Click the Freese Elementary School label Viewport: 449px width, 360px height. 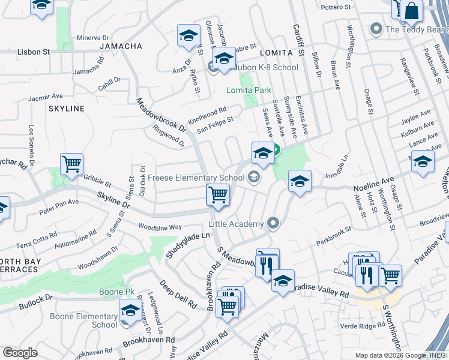[x=196, y=178]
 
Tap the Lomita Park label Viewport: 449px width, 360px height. [x=249, y=90]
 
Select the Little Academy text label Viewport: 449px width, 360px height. [x=236, y=224]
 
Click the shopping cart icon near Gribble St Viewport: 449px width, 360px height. [x=71, y=164]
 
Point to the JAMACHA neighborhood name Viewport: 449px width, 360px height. [x=121, y=46]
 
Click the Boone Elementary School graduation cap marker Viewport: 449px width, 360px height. [x=130, y=310]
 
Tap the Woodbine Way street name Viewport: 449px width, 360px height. [x=160, y=227]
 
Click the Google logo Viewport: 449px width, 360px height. [x=20, y=353]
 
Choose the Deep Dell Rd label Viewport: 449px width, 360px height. [x=178, y=293]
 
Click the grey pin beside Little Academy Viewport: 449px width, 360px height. [x=273, y=224]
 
